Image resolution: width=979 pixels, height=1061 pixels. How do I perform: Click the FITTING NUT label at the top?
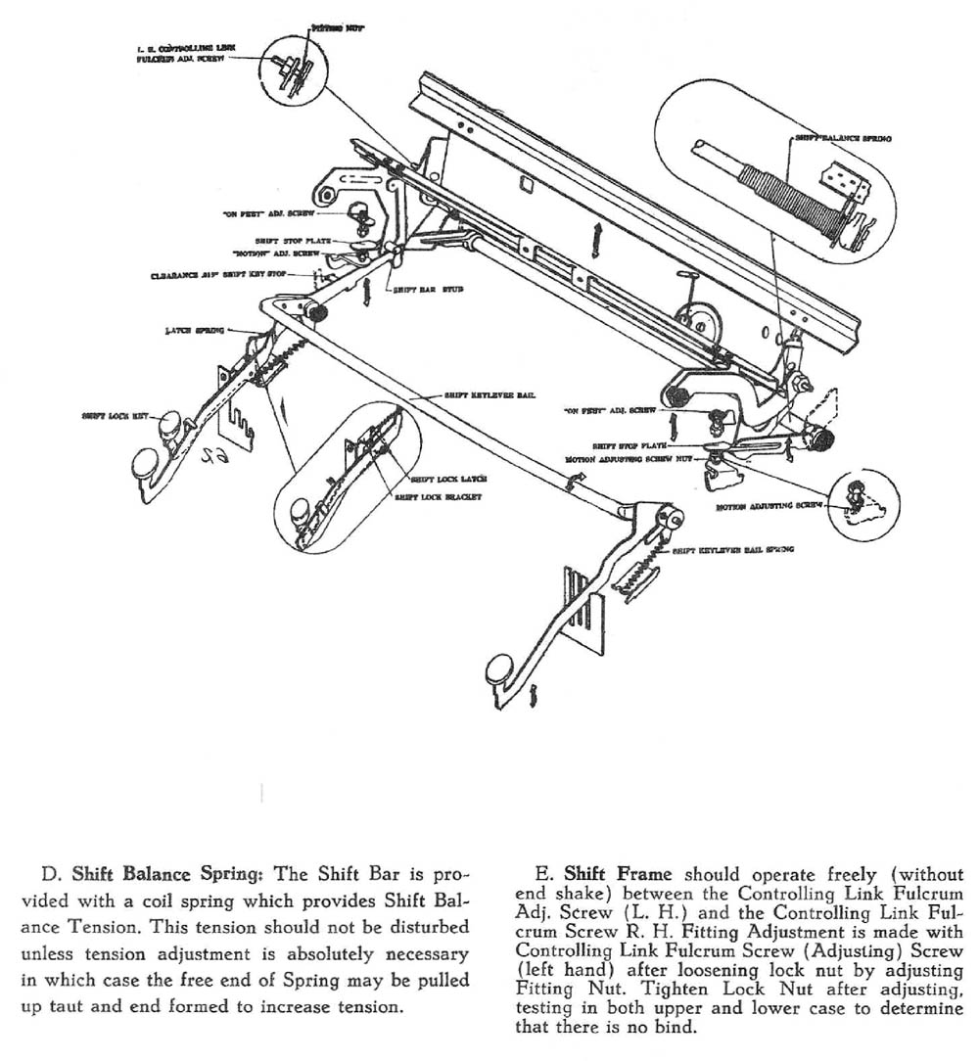point(338,29)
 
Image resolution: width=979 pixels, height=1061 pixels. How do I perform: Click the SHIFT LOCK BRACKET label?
point(442,497)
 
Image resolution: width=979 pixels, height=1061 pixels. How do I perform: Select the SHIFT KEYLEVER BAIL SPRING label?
point(732,550)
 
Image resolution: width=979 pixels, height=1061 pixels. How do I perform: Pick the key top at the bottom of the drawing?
point(500,671)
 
